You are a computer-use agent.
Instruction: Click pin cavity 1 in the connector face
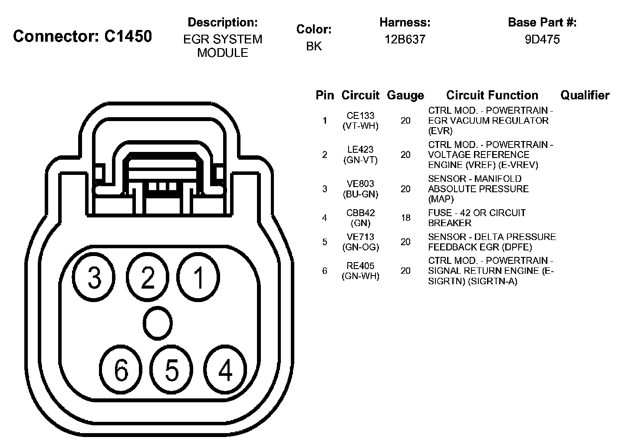click(198, 277)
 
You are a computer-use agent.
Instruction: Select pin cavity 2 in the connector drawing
click(148, 277)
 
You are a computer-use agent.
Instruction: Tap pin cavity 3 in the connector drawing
click(94, 277)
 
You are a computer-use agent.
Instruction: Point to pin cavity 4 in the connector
click(225, 369)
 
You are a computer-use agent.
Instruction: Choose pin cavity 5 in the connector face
click(171, 369)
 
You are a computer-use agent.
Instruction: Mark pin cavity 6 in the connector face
click(121, 369)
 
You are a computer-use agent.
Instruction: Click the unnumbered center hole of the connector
click(158, 323)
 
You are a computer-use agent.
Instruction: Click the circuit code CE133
click(360, 115)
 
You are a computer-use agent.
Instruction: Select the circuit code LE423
click(360, 149)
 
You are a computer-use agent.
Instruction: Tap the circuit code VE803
click(360, 184)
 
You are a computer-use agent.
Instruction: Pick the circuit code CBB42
click(360, 213)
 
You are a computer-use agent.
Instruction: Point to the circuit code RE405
click(360, 266)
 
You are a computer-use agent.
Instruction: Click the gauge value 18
click(405, 218)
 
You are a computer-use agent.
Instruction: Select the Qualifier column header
click(585, 95)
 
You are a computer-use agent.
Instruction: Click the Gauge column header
click(405, 95)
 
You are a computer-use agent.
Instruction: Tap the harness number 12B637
click(405, 39)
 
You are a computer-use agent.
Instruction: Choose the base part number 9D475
click(542, 39)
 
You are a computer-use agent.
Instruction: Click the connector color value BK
click(314, 46)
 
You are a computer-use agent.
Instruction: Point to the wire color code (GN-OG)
click(360, 247)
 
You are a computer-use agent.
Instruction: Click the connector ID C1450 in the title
click(128, 36)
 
